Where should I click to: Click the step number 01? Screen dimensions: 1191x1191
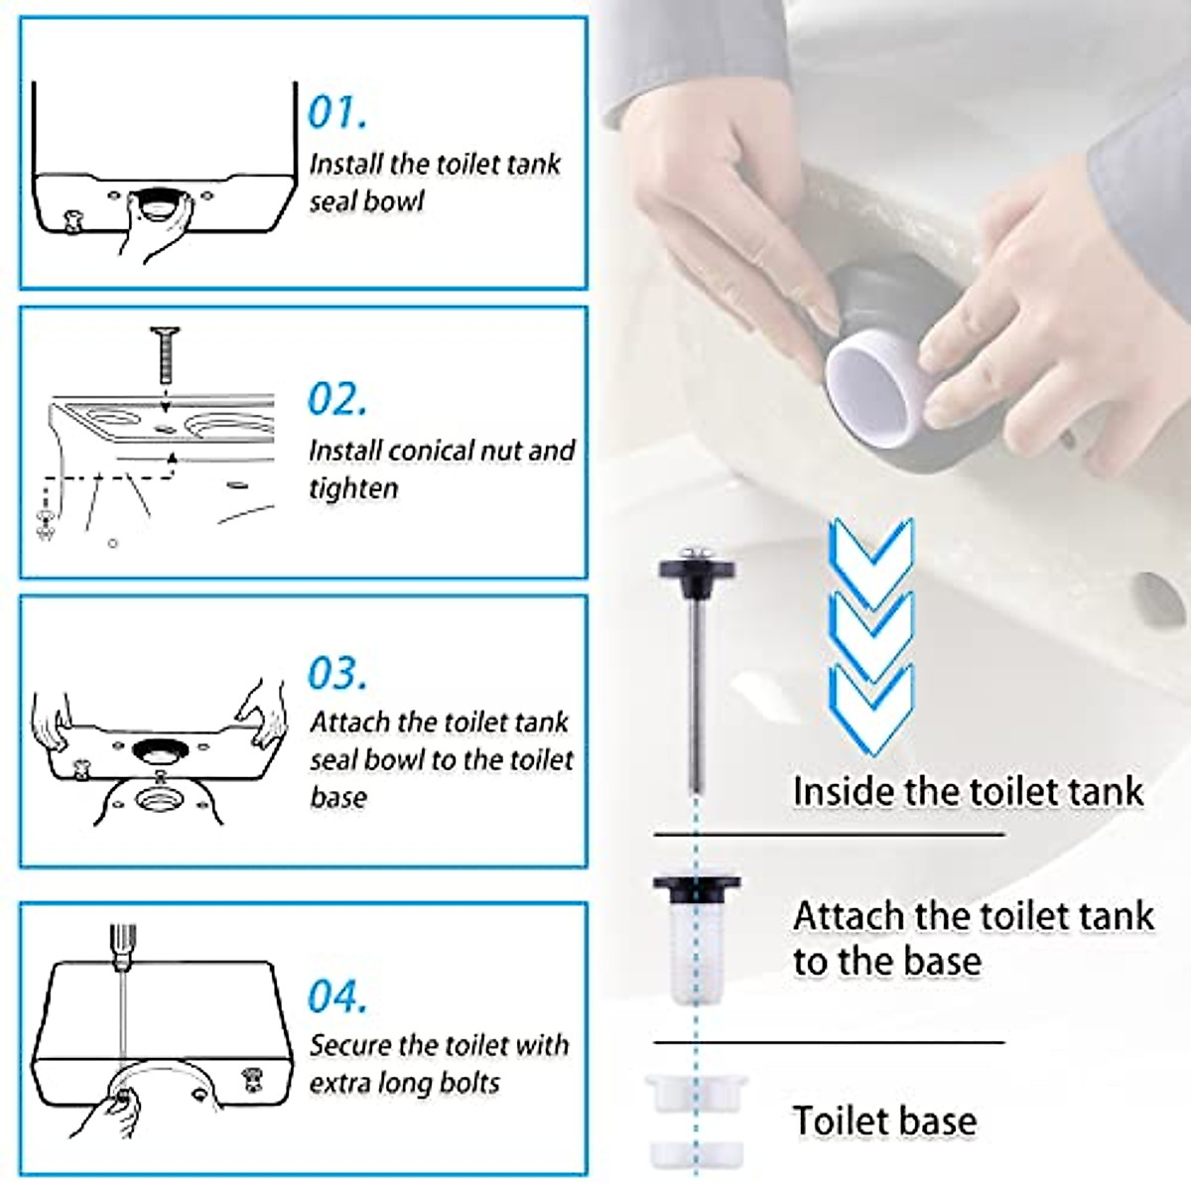[x=337, y=112]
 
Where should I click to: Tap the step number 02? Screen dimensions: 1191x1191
[x=337, y=399]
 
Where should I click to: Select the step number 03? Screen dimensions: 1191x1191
[x=337, y=673]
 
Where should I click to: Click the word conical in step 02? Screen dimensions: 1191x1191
[x=424, y=451]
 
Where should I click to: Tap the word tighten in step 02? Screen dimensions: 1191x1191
[x=353, y=489]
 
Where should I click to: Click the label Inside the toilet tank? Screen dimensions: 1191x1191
[x=968, y=791]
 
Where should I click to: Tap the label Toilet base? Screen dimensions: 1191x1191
[x=884, y=1121]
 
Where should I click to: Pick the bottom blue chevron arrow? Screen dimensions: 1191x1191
[x=872, y=711]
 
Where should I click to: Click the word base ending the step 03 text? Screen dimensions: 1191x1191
[x=338, y=797]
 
